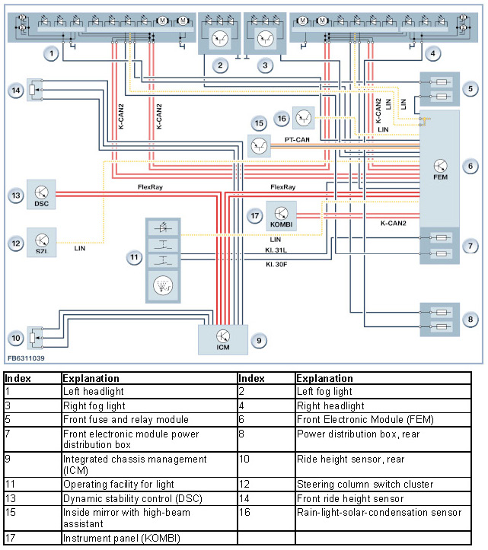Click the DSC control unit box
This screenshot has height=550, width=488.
(42, 195)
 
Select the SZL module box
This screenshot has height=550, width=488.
(42, 242)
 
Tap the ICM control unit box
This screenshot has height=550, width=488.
(222, 339)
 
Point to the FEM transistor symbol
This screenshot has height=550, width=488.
(441, 166)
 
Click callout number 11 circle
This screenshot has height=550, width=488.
(135, 258)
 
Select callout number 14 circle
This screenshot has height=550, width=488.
(16, 91)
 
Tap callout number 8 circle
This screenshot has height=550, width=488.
(471, 319)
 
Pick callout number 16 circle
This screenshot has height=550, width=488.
(282, 119)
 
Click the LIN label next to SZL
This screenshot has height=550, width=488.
(80, 248)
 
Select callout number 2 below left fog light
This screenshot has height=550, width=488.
(220, 65)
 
